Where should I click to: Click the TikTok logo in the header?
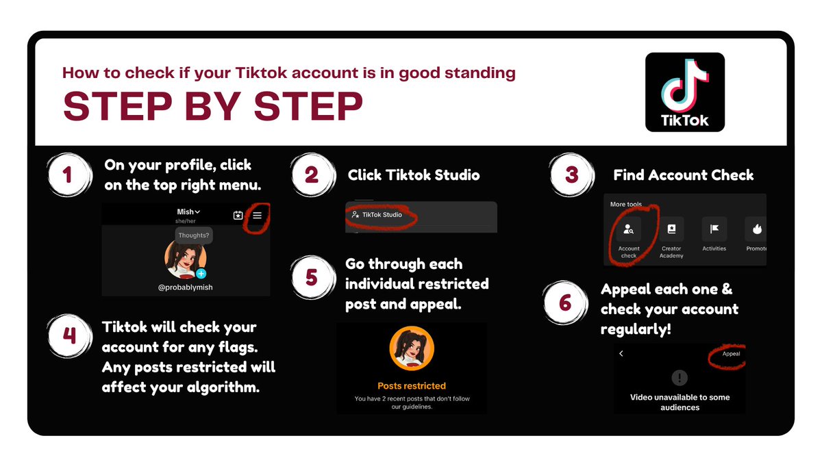685,92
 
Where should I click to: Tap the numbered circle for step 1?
68,175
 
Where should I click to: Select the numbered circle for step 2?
312,175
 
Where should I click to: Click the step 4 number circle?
69,336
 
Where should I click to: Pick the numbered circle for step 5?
312,277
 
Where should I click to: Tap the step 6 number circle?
565,303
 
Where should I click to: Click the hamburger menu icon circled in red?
258,215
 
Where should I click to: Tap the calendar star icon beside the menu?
238,215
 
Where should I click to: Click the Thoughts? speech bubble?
193,235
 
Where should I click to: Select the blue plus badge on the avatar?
201,274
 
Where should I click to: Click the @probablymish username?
186,287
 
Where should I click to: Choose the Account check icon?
629,229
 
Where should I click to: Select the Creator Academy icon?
671,229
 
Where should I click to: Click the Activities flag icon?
714,229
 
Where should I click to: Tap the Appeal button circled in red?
731,354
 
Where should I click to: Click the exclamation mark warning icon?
680,378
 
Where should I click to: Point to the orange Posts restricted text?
412,386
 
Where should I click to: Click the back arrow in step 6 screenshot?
621,353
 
